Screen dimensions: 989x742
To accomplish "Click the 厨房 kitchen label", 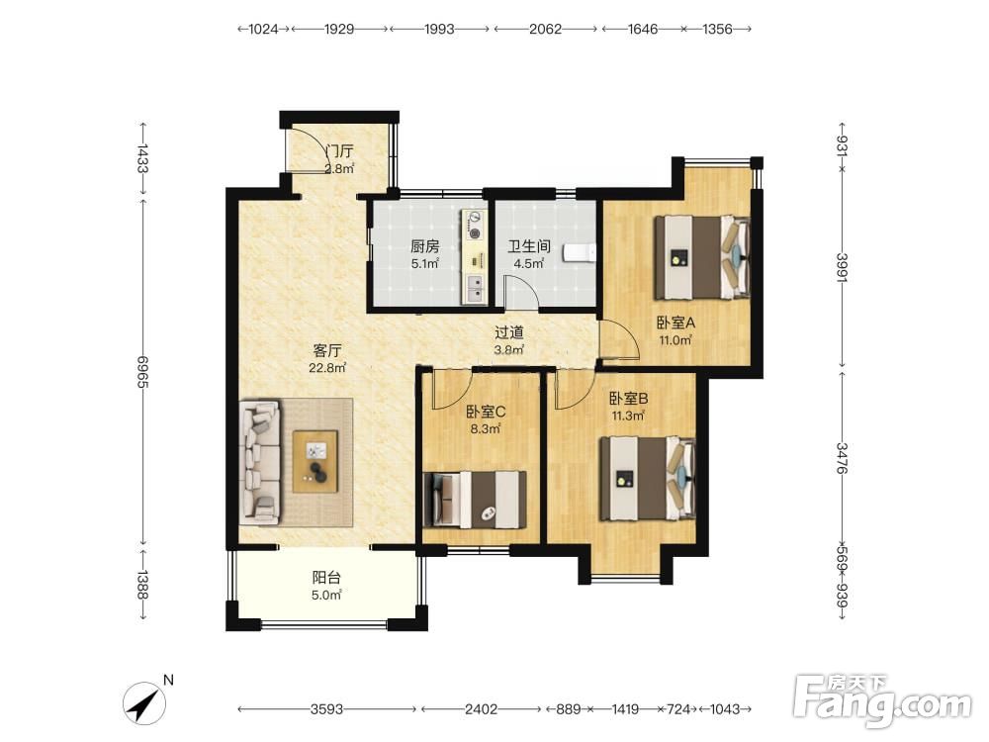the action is click(x=424, y=246).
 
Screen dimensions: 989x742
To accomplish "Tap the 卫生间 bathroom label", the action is click(x=529, y=246).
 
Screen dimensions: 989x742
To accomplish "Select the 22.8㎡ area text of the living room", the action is click(x=326, y=367).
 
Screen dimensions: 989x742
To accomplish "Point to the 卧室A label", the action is click(x=675, y=324).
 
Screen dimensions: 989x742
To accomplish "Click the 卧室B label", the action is click(x=628, y=399).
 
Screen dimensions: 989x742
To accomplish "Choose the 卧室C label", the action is click(x=486, y=412).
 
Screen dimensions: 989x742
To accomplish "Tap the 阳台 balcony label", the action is click(x=326, y=578).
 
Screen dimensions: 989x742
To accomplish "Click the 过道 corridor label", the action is click(x=509, y=332).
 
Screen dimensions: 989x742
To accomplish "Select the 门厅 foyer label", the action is click(x=339, y=151).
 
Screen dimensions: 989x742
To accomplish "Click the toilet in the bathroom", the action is click(x=580, y=252).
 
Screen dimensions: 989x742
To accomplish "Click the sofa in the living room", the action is click(x=260, y=462).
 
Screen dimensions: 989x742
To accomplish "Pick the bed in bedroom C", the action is click(x=476, y=500).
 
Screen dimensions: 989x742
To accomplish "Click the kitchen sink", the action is click(x=474, y=288).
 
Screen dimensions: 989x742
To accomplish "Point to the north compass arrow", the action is click(x=144, y=702).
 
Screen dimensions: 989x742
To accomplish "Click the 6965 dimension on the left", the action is click(x=142, y=372).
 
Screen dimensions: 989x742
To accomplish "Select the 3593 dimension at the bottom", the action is click(x=326, y=709).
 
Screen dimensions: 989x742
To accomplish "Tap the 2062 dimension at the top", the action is click(x=546, y=29).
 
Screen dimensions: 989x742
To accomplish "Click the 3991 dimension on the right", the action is click(x=843, y=267).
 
